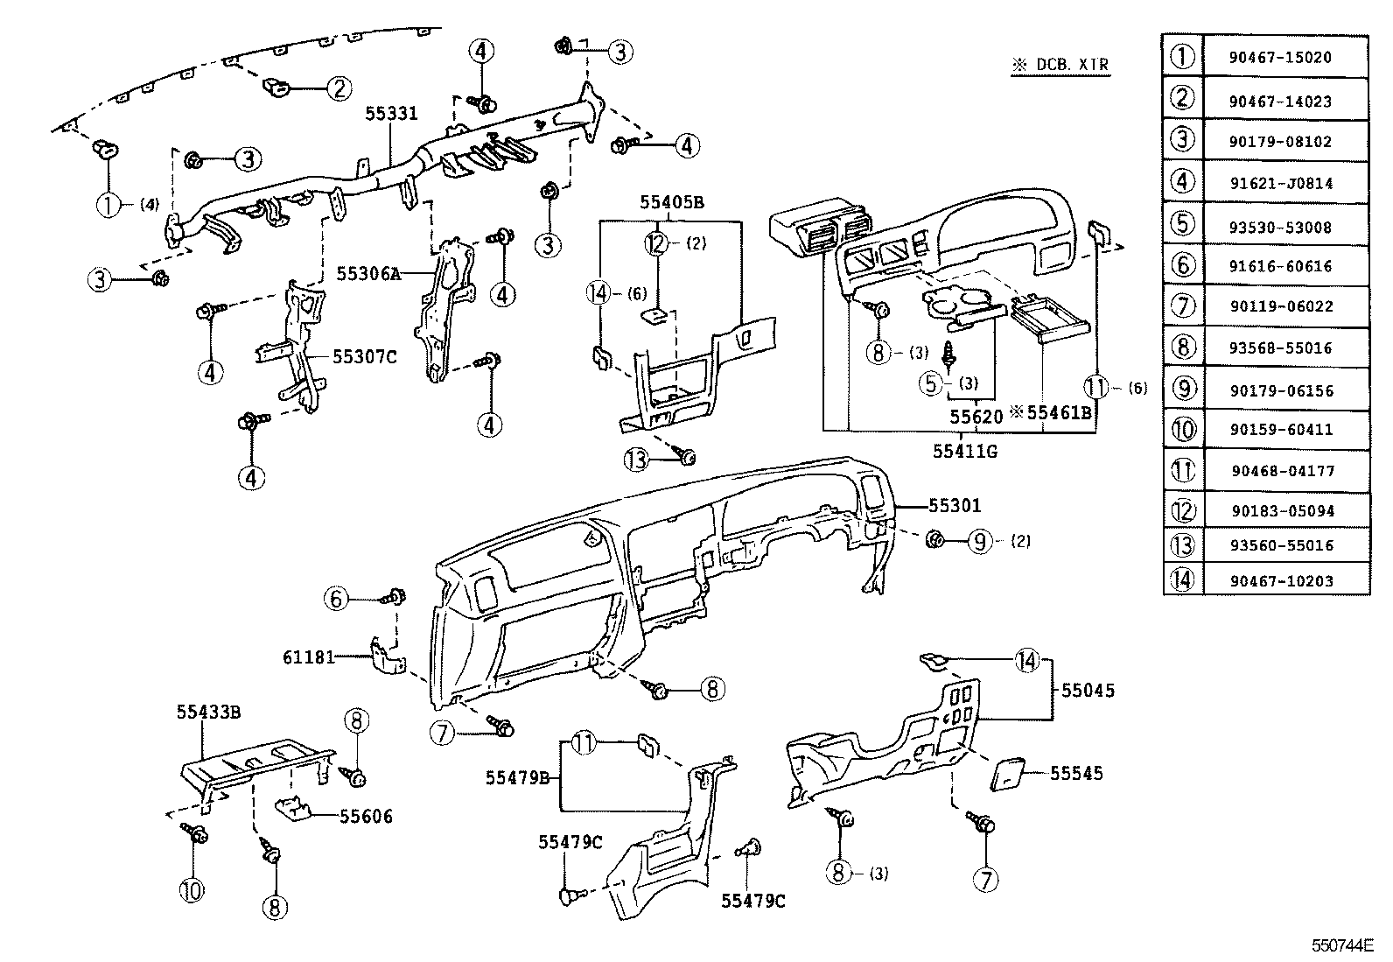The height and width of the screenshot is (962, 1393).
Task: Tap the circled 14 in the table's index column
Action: pyautogui.click(x=1182, y=579)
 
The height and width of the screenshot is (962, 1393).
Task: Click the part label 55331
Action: pyautogui.click(x=391, y=114)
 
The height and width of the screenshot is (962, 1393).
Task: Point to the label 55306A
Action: pyautogui.click(x=368, y=273)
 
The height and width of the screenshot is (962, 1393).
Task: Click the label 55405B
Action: pyautogui.click(x=671, y=203)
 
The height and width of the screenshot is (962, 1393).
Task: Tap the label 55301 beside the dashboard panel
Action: pyautogui.click(x=955, y=506)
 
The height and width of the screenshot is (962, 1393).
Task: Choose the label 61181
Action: pyautogui.click(x=309, y=657)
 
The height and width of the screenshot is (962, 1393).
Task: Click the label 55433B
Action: pyautogui.click(x=208, y=713)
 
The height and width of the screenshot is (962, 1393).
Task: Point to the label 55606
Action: pyautogui.click(x=366, y=817)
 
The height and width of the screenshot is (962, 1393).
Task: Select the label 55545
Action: pyautogui.click(x=1076, y=774)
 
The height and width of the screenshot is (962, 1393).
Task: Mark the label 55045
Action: pyautogui.click(x=1088, y=691)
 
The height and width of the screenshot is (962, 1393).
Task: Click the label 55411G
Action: pyautogui.click(x=964, y=452)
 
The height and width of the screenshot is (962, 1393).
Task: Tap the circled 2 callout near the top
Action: pyautogui.click(x=339, y=88)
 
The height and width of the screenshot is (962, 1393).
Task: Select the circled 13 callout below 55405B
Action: pyautogui.click(x=639, y=458)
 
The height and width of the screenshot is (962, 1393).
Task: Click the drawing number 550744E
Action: pyautogui.click(x=1341, y=946)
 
